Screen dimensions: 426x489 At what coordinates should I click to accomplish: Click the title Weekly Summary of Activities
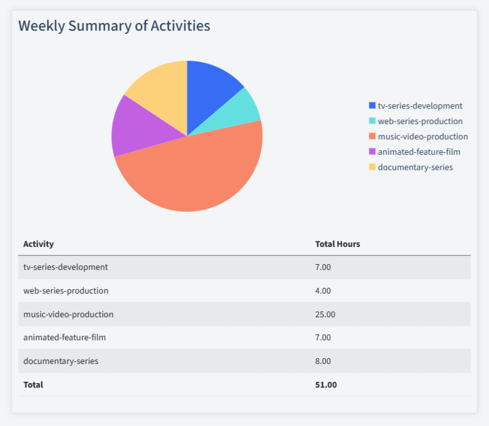[114, 26]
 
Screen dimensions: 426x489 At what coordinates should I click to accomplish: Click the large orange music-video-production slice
[192, 176]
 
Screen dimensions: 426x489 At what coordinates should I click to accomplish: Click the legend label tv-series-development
[420, 106]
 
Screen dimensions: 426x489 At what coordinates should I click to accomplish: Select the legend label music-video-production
[422, 136]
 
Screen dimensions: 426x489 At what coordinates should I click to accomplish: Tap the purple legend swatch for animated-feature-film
[373, 152]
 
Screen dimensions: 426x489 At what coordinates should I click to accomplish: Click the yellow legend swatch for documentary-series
[373, 167]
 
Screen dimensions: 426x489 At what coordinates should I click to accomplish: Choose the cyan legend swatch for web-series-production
[373, 121]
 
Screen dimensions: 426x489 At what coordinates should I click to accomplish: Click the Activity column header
[38, 244]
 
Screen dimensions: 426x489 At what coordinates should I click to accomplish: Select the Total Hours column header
[337, 244]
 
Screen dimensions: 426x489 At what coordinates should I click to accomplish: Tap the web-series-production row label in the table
[66, 290]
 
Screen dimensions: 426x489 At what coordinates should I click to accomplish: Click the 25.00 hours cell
[325, 314]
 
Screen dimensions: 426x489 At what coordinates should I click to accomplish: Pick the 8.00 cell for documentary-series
[323, 361]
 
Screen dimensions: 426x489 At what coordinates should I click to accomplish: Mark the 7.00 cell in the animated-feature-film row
[323, 338]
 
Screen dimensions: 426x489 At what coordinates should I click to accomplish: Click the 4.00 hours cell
[323, 290]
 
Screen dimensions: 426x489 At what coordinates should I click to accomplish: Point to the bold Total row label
[33, 385]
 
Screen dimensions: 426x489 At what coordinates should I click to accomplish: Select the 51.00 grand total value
[326, 385]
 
